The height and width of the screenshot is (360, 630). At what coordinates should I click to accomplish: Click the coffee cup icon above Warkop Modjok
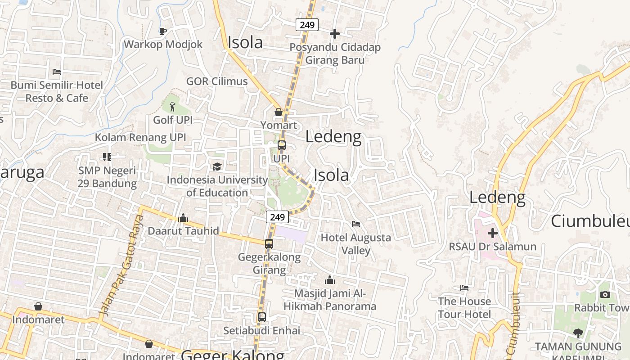[163, 31]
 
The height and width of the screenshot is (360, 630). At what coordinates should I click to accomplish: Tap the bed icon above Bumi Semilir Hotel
[57, 72]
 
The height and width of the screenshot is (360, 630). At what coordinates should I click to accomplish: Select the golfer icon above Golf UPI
[172, 107]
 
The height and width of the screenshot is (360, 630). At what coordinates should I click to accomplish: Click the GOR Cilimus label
[217, 81]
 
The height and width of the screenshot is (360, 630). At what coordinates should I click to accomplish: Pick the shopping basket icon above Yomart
[279, 112]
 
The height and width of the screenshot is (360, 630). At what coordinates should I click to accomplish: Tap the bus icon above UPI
[282, 145]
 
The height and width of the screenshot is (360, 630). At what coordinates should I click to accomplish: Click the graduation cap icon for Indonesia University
[217, 166]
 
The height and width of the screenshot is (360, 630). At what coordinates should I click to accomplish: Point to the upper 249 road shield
[307, 25]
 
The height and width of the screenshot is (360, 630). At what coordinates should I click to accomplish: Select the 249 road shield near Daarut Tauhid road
[277, 217]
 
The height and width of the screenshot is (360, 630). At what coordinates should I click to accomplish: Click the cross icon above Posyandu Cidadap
[334, 33]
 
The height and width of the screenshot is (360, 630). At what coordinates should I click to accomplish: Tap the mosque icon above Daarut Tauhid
[183, 218]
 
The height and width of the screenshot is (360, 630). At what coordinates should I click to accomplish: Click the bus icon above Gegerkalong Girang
[269, 244]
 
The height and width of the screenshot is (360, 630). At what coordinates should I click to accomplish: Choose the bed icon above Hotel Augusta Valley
[356, 224]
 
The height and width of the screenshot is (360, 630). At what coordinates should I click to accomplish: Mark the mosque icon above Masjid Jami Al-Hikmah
[330, 280]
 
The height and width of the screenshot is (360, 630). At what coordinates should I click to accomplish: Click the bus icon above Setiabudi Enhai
[262, 317]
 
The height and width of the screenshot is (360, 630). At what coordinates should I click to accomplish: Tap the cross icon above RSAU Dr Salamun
[493, 233]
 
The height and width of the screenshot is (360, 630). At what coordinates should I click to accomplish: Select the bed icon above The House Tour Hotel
[464, 288]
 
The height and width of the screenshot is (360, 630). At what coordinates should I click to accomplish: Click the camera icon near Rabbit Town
[605, 294]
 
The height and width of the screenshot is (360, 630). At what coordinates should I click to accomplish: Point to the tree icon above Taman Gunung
[578, 333]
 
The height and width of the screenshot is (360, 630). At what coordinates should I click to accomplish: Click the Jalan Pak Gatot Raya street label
[121, 265]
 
